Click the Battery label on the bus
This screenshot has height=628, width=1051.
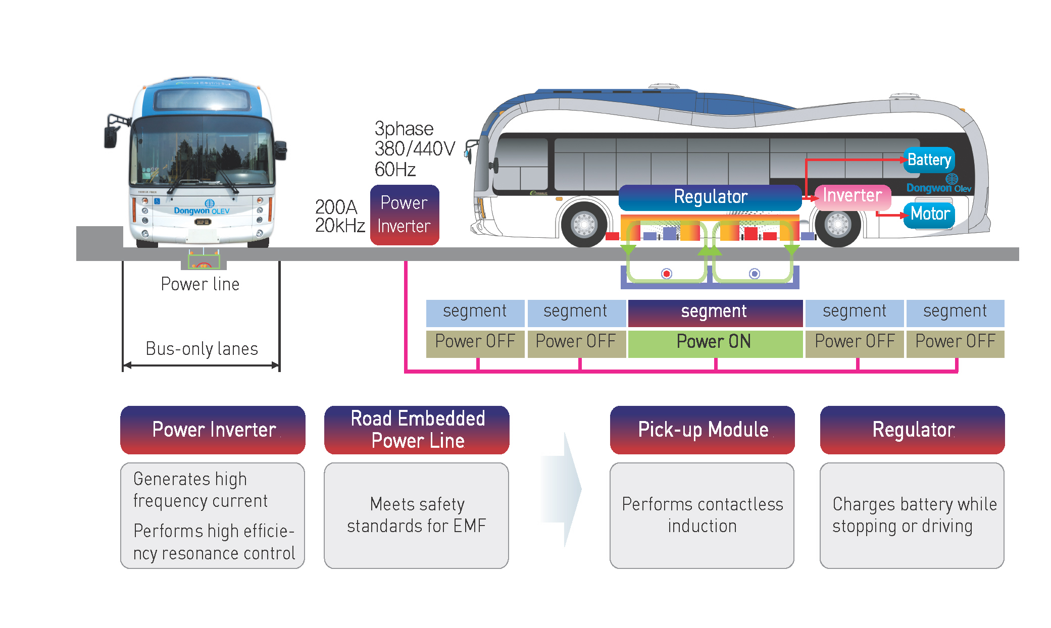click(x=929, y=160)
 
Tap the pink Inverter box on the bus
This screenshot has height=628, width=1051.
click(x=853, y=196)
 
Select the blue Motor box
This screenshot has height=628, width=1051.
click(x=930, y=214)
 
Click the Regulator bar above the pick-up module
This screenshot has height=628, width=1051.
click(x=710, y=197)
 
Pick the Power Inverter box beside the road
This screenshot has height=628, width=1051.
click(x=404, y=215)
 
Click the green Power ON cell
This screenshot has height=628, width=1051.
click(x=714, y=342)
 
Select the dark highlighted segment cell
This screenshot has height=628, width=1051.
click(x=714, y=312)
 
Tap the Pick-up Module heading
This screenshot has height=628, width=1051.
click(x=703, y=430)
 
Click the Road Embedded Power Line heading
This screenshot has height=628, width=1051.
click(x=417, y=430)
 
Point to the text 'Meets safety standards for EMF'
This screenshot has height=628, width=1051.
click(x=417, y=515)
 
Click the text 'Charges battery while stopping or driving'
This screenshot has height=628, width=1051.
click(x=914, y=515)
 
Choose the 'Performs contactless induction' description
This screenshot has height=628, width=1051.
click(x=702, y=515)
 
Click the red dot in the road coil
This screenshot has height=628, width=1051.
click(x=667, y=274)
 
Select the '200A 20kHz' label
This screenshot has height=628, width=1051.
click(x=340, y=216)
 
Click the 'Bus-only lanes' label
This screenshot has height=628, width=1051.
click(x=202, y=349)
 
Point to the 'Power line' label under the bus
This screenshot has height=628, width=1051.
click(x=200, y=284)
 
